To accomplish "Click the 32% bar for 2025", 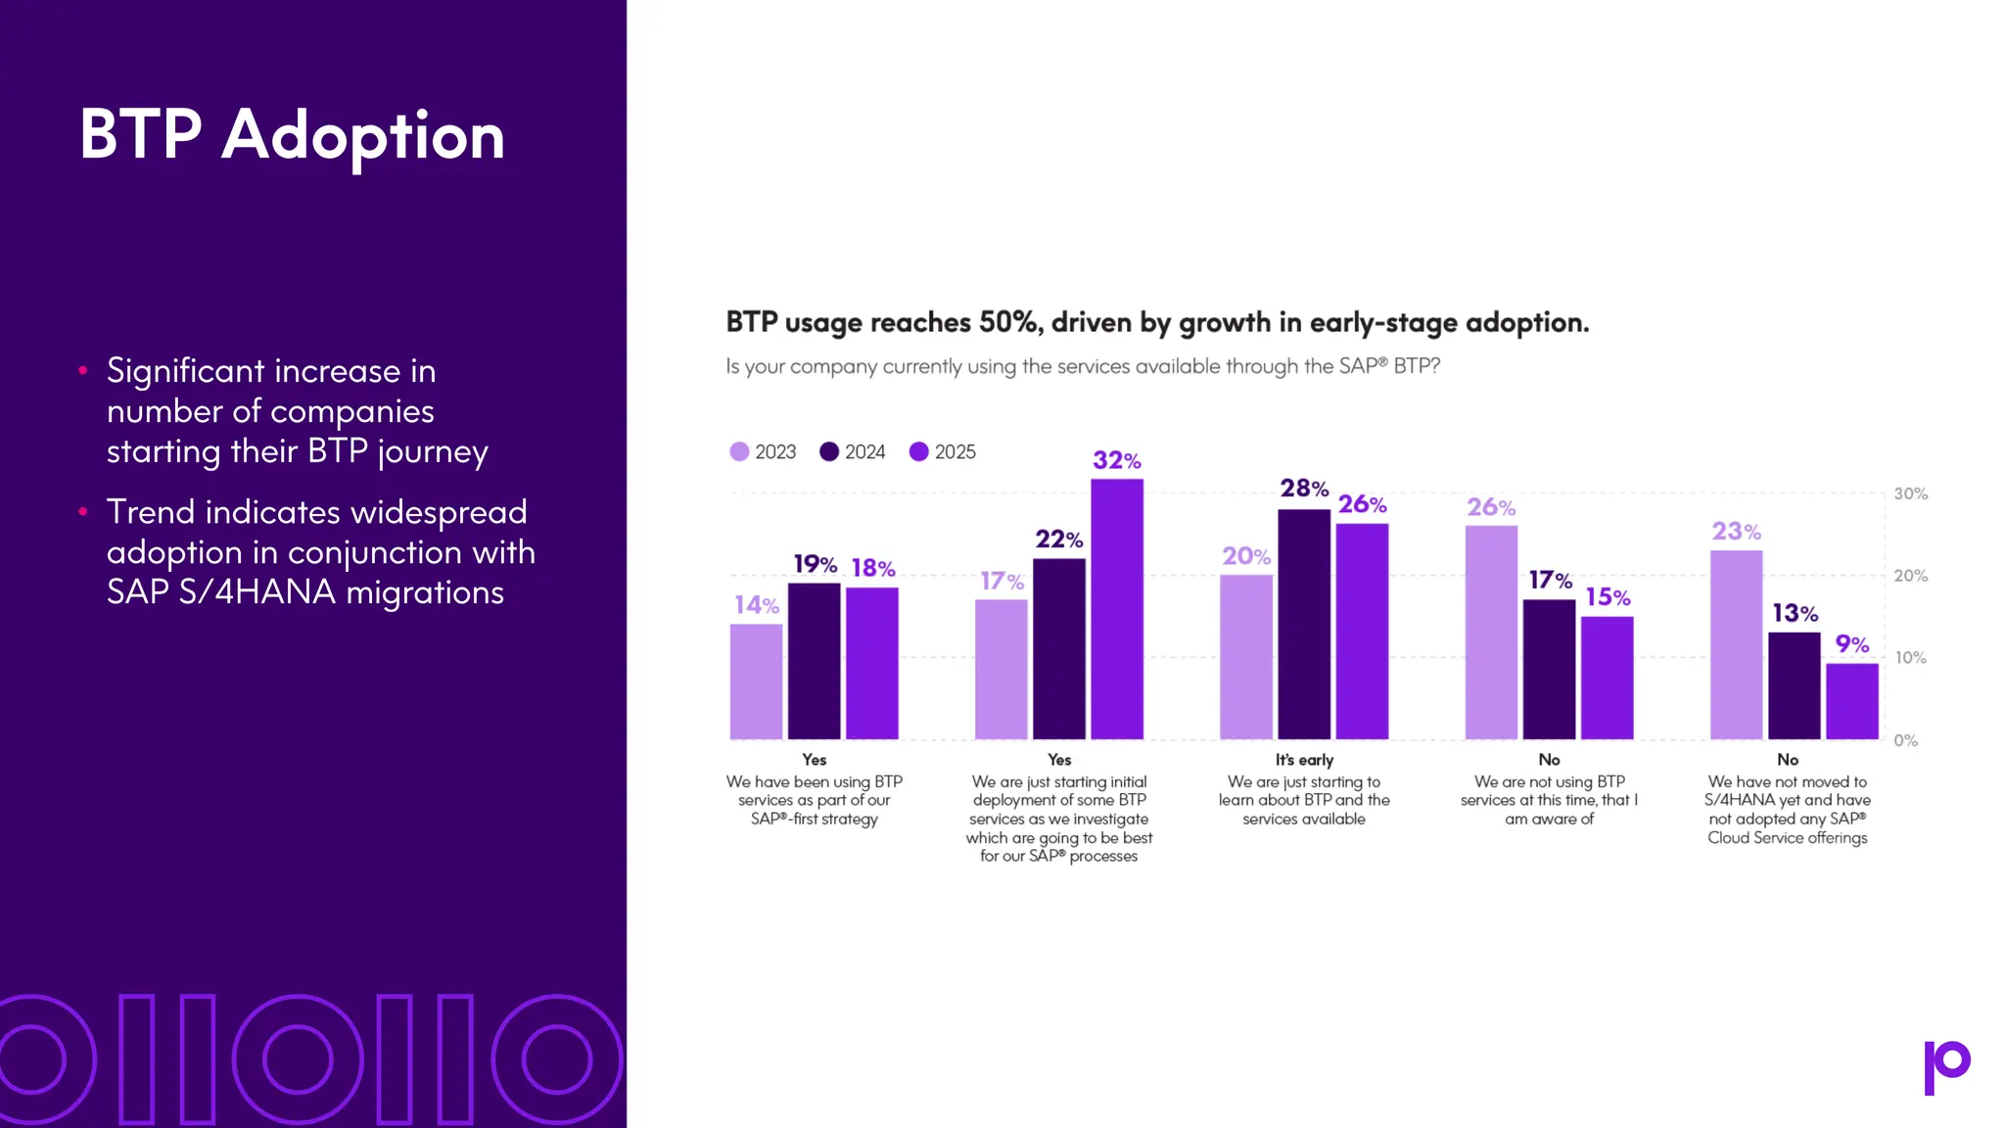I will click(x=1117, y=609).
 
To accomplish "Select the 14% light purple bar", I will click(x=756, y=681).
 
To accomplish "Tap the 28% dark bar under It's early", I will click(x=1304, y=625).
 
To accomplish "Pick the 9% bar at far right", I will click(x=1851, y=701).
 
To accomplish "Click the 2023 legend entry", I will click(x=764, y=451).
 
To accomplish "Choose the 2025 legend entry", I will click(x=943, y=451).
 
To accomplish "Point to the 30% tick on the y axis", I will click(x=1910, y=493).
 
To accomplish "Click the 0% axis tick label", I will click(x=1905, y=740).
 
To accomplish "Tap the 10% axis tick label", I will click(x=1910, y=658).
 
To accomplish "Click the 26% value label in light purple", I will click(x=1491, y=507).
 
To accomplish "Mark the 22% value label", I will click(x=1059, y=540).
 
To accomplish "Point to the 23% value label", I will click(x=1736, y=532).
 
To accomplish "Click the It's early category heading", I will click(x=1304, y=760).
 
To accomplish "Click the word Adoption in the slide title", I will click(x=363, y=135).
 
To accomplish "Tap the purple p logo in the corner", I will click(x=1946, y=1065).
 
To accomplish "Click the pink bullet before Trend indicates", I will click(x=83, y=511).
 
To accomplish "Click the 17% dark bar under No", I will click(x=1549, y=670).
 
